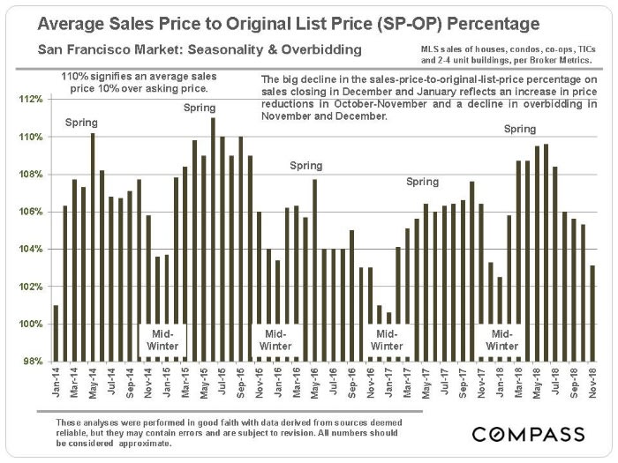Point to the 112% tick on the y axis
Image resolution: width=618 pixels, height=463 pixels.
(32, 100)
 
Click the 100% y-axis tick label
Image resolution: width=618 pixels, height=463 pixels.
(32, 325)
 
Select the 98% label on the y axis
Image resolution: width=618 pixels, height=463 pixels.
(34, 362)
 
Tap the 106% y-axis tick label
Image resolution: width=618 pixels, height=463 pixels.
(32, 213)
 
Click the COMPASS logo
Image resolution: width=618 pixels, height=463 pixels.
(528, 435)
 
